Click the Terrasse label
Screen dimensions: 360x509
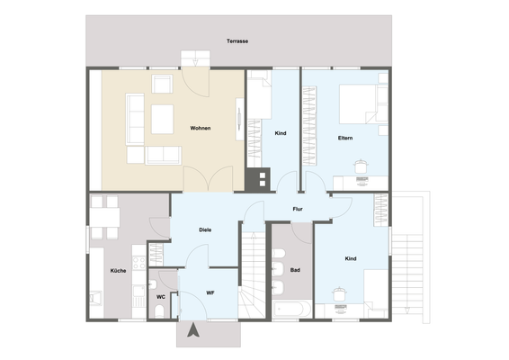coord(237,42)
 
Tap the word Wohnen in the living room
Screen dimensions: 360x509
coord(201,129)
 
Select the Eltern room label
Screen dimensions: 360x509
coord(344,138)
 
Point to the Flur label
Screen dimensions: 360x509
coord(297,210)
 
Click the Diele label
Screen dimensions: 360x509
coord(205,230)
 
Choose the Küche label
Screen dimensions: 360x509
coord(118,270)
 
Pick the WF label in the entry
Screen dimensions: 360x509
coord(210,293)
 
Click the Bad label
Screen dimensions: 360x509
coord(294,270)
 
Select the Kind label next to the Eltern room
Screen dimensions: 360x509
coord(280,133)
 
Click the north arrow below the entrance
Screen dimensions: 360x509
coord(192,332)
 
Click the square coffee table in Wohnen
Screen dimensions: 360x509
coord(162,117)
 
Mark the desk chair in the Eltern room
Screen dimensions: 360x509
coord(362,165)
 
